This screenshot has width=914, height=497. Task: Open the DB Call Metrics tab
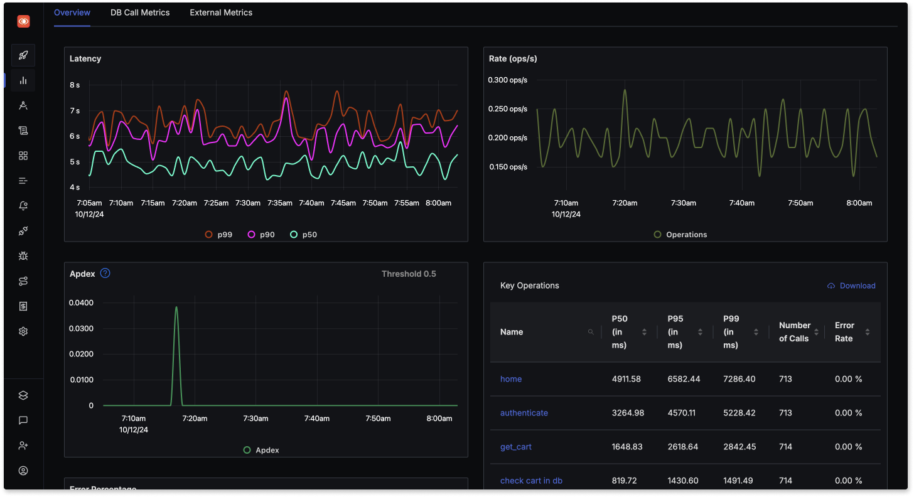pyautogui.click(x=140, y=13)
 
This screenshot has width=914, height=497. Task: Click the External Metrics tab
pyautogui.click(x=221, y=13)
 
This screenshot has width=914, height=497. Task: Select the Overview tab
pyautogui.click(x=72, y=13)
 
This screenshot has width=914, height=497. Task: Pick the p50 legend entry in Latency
pyautogui.click(x=303, y=235)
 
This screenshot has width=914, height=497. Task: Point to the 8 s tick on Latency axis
pyautogui.click(x=75, y=85)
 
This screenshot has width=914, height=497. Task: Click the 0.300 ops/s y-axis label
pyautogui.click(x=508, y=80)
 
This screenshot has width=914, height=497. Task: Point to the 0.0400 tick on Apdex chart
pyautogui.click(x=82, y=302)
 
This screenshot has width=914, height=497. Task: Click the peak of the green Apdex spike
pyautogui.click(x=176, y=307)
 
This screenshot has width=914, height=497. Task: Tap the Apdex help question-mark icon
pyautogui.click(x=105, y=273)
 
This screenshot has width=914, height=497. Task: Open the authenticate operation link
pyautogui.click(x=524, y=413)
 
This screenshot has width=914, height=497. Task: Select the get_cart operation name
pyautogui.click(x=515, y=447)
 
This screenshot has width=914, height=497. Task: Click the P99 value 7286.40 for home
pyautogui.click(x=739, y=379)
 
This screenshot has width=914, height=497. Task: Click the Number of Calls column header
pyautogui.click(x=795, y=331)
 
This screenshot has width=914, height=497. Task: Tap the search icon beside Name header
pyautogui.click(x=591, y=332)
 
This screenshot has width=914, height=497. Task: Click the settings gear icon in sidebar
pyautogui.click(x=23, y=331)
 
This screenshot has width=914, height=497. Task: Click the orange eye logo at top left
pyautogui.click(x=23, y=21)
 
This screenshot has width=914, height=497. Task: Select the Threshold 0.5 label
pyautogui.click(x=409, y=274)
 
